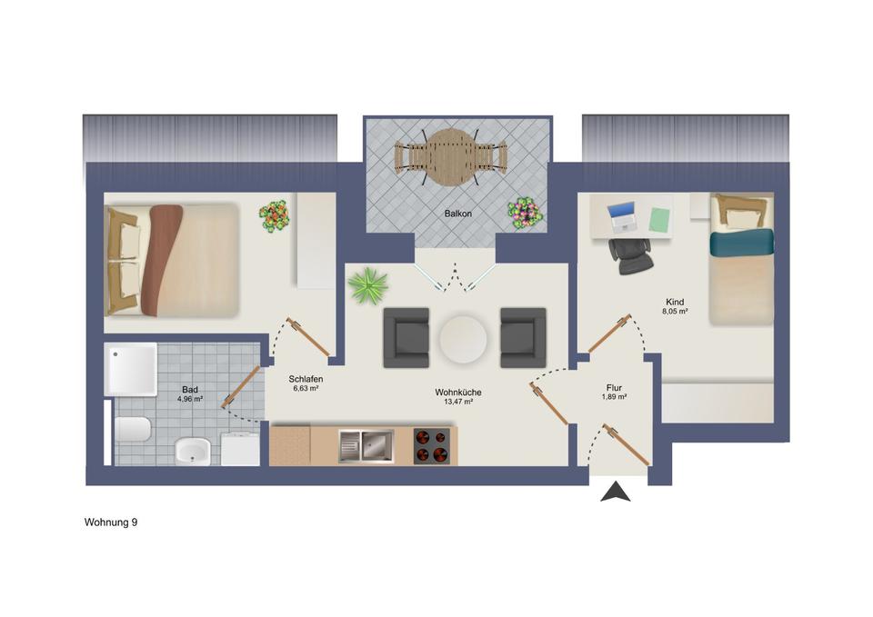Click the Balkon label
point(457,214)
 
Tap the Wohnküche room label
point(458,393)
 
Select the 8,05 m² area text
point(674,312)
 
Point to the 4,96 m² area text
point(190,398)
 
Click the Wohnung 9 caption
point(111,522)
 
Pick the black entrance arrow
point(617,492)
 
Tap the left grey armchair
point(406,338)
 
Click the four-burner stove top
point(431,445)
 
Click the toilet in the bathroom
point(133,427)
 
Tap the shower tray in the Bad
point(131,369)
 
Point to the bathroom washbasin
point(192,450)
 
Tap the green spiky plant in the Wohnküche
point(366,285)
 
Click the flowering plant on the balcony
point(525,214)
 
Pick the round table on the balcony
point(451,157)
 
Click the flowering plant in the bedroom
point(274,215)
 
